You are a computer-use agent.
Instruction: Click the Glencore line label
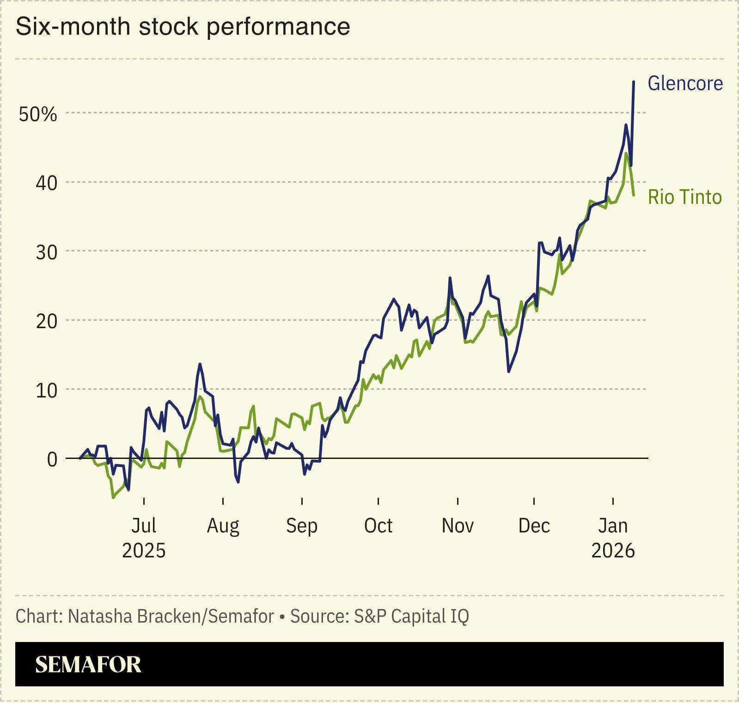685,84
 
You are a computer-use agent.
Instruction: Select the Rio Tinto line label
684,197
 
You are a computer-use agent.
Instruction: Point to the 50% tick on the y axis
38,114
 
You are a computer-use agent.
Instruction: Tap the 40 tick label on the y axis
46,183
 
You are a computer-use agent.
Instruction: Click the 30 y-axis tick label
46,252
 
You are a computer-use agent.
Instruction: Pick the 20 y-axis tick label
46,321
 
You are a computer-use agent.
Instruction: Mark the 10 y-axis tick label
46,391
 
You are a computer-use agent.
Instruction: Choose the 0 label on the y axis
52,459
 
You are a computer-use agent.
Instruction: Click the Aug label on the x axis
223,526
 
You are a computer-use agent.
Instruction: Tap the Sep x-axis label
301,526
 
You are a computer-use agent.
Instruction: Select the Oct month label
378,526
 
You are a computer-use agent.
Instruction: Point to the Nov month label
458,526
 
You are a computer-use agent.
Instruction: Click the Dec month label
534,526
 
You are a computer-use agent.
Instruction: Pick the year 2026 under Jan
613,551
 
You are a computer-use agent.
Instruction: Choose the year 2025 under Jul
144,551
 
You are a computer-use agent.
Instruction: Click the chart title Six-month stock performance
183,26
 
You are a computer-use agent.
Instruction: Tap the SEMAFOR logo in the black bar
88,664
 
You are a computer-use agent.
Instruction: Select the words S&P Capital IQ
411,616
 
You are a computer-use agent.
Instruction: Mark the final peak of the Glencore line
633,82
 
